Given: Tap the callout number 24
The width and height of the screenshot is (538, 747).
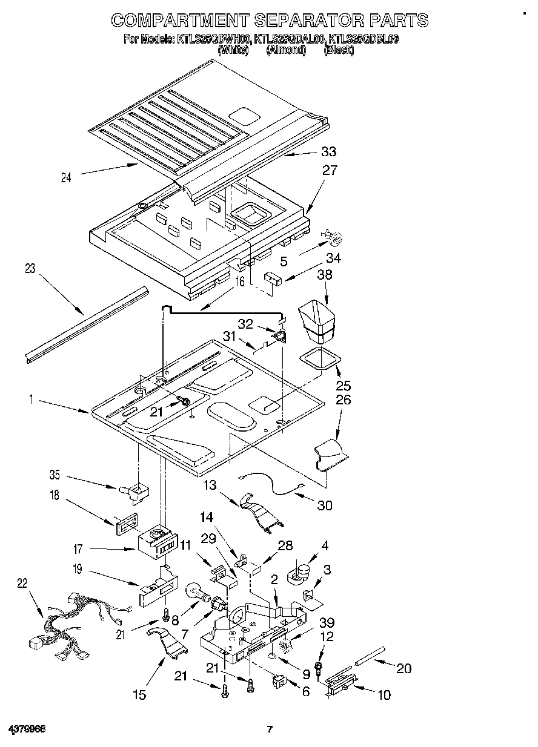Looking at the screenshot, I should (66, 177).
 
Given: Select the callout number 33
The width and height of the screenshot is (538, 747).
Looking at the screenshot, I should (329, 151).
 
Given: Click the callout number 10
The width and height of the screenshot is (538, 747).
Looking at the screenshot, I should (384, 695).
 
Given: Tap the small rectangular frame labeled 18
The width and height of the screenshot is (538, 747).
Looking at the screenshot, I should (125, 522).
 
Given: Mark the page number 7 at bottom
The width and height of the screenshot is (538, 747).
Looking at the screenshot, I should (270, 729).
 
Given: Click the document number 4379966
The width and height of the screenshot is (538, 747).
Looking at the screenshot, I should (27, 729).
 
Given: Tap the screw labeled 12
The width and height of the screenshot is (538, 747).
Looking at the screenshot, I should (318, 668).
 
